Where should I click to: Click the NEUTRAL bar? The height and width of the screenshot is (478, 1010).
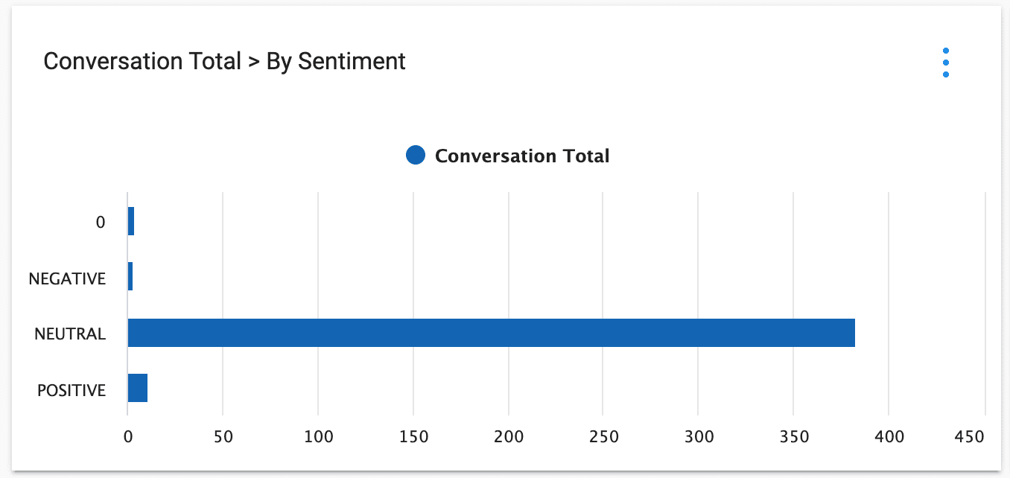(x=491, y=333)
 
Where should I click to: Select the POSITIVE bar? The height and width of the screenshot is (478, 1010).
(x=138, y=388)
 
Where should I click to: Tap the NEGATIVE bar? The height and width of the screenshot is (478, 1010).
(x=130, y=276)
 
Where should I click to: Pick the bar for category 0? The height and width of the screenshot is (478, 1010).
(x=131, y=222)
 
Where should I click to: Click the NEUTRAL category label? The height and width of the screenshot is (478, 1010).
(x=70, y=334)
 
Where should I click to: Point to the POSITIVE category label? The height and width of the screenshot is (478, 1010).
(x=72, y=390)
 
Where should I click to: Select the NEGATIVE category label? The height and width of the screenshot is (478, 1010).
(x=67, y=278)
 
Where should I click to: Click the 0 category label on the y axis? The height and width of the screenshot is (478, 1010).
(x=101, y=223)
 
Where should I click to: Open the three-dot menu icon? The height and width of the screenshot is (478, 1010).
(x=945, y=63)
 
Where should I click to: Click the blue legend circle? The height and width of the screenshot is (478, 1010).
(x=416, y=156)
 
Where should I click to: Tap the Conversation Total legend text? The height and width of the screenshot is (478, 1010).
(x=522, y=156)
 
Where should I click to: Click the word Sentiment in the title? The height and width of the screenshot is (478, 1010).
(x=351, y=61)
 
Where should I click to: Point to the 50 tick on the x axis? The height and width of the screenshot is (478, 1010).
(x=223, y=436)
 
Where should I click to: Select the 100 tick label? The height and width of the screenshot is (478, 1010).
(x=318, y=436)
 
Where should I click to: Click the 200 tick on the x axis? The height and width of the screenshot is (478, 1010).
(x=508, y=436)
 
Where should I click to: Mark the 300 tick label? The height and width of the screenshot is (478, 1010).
(x=698, y=436)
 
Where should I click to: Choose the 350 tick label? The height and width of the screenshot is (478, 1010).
(x=793, y=436)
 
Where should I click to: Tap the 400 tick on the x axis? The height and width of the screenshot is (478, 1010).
(x=889, y=436)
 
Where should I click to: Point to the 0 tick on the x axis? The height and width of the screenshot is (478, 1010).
(x=128, y=436)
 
